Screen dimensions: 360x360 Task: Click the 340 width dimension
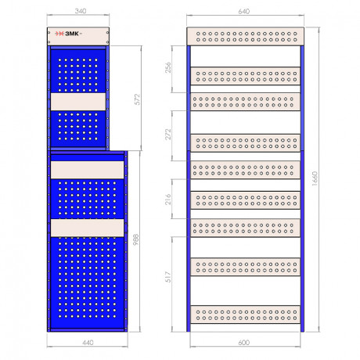coord(81,11)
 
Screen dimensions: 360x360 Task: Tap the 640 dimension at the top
coord(244,11)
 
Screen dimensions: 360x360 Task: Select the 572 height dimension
coord(138,99)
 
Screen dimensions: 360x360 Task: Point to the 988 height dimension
coord(136,239)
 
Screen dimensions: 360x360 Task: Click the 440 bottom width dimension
coord(88,342)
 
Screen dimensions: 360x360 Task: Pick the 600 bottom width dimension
coord(244,342)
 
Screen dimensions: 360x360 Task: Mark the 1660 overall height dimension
coord(315,178)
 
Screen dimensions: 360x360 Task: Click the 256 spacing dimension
coord(168,67)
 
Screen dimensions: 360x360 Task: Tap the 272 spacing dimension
coord(168,134)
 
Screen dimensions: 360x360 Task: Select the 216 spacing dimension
coord(168,199)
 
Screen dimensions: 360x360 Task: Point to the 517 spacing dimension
coord(168,277)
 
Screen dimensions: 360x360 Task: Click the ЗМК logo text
coord(72,34)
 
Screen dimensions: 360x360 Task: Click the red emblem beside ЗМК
coord(59,34)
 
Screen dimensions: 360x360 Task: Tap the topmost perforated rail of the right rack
coord(245,37)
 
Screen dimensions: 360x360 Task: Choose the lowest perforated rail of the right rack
coord(245,315)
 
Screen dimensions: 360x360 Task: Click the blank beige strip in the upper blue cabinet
coord(78,102)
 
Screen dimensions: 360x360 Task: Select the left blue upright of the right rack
coord(189,189)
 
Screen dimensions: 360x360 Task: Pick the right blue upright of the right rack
coord(302,189)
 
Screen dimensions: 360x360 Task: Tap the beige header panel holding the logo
coord(78,37)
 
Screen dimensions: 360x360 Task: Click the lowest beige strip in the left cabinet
coord(87,228)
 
